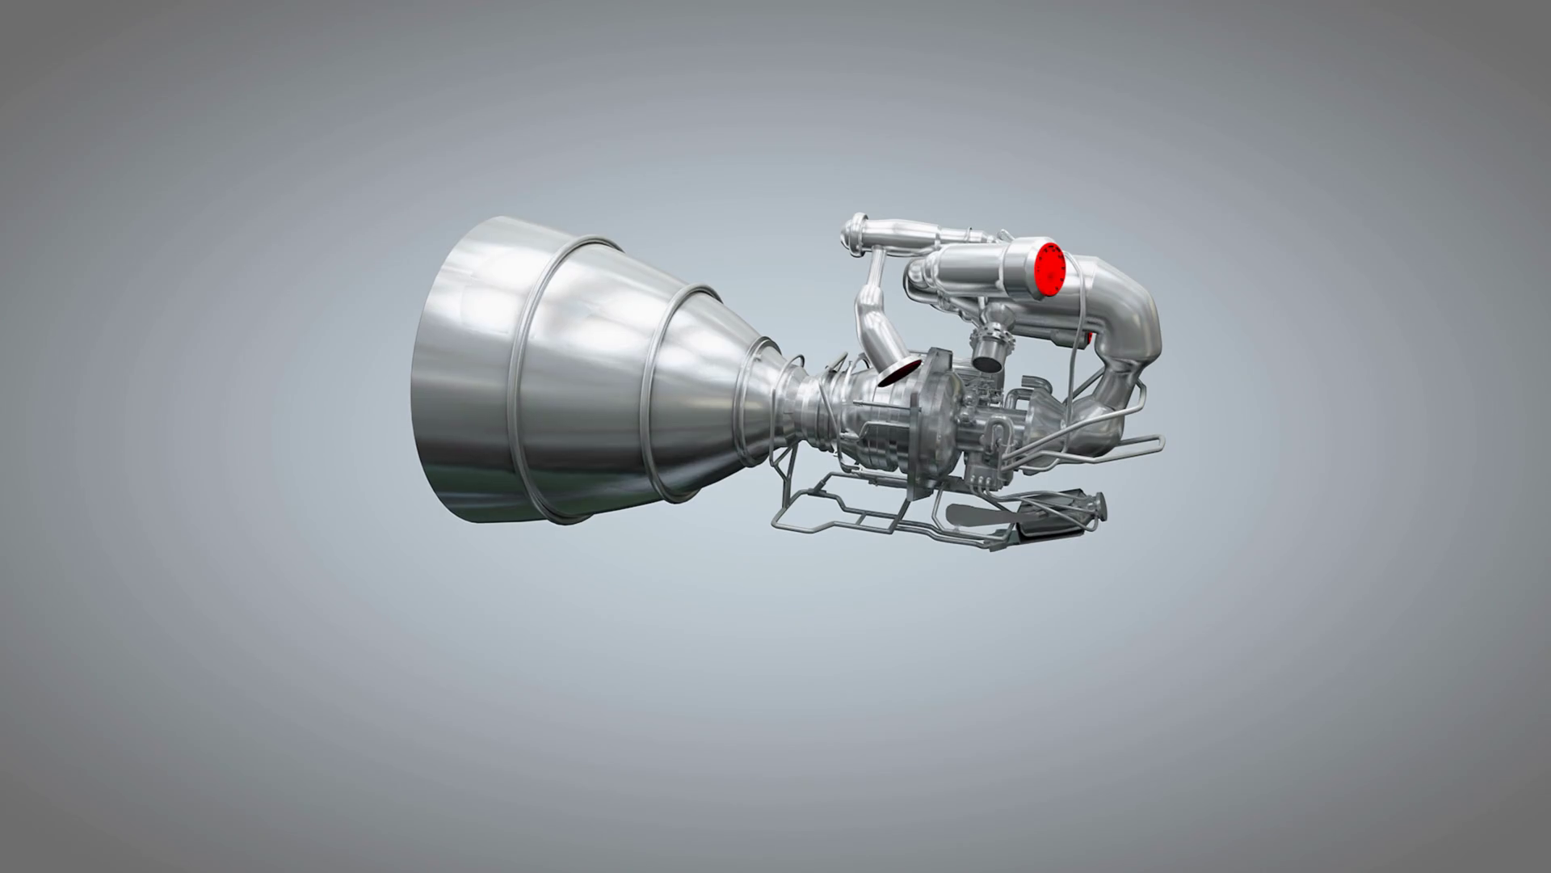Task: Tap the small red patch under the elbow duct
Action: pos(1090,336)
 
